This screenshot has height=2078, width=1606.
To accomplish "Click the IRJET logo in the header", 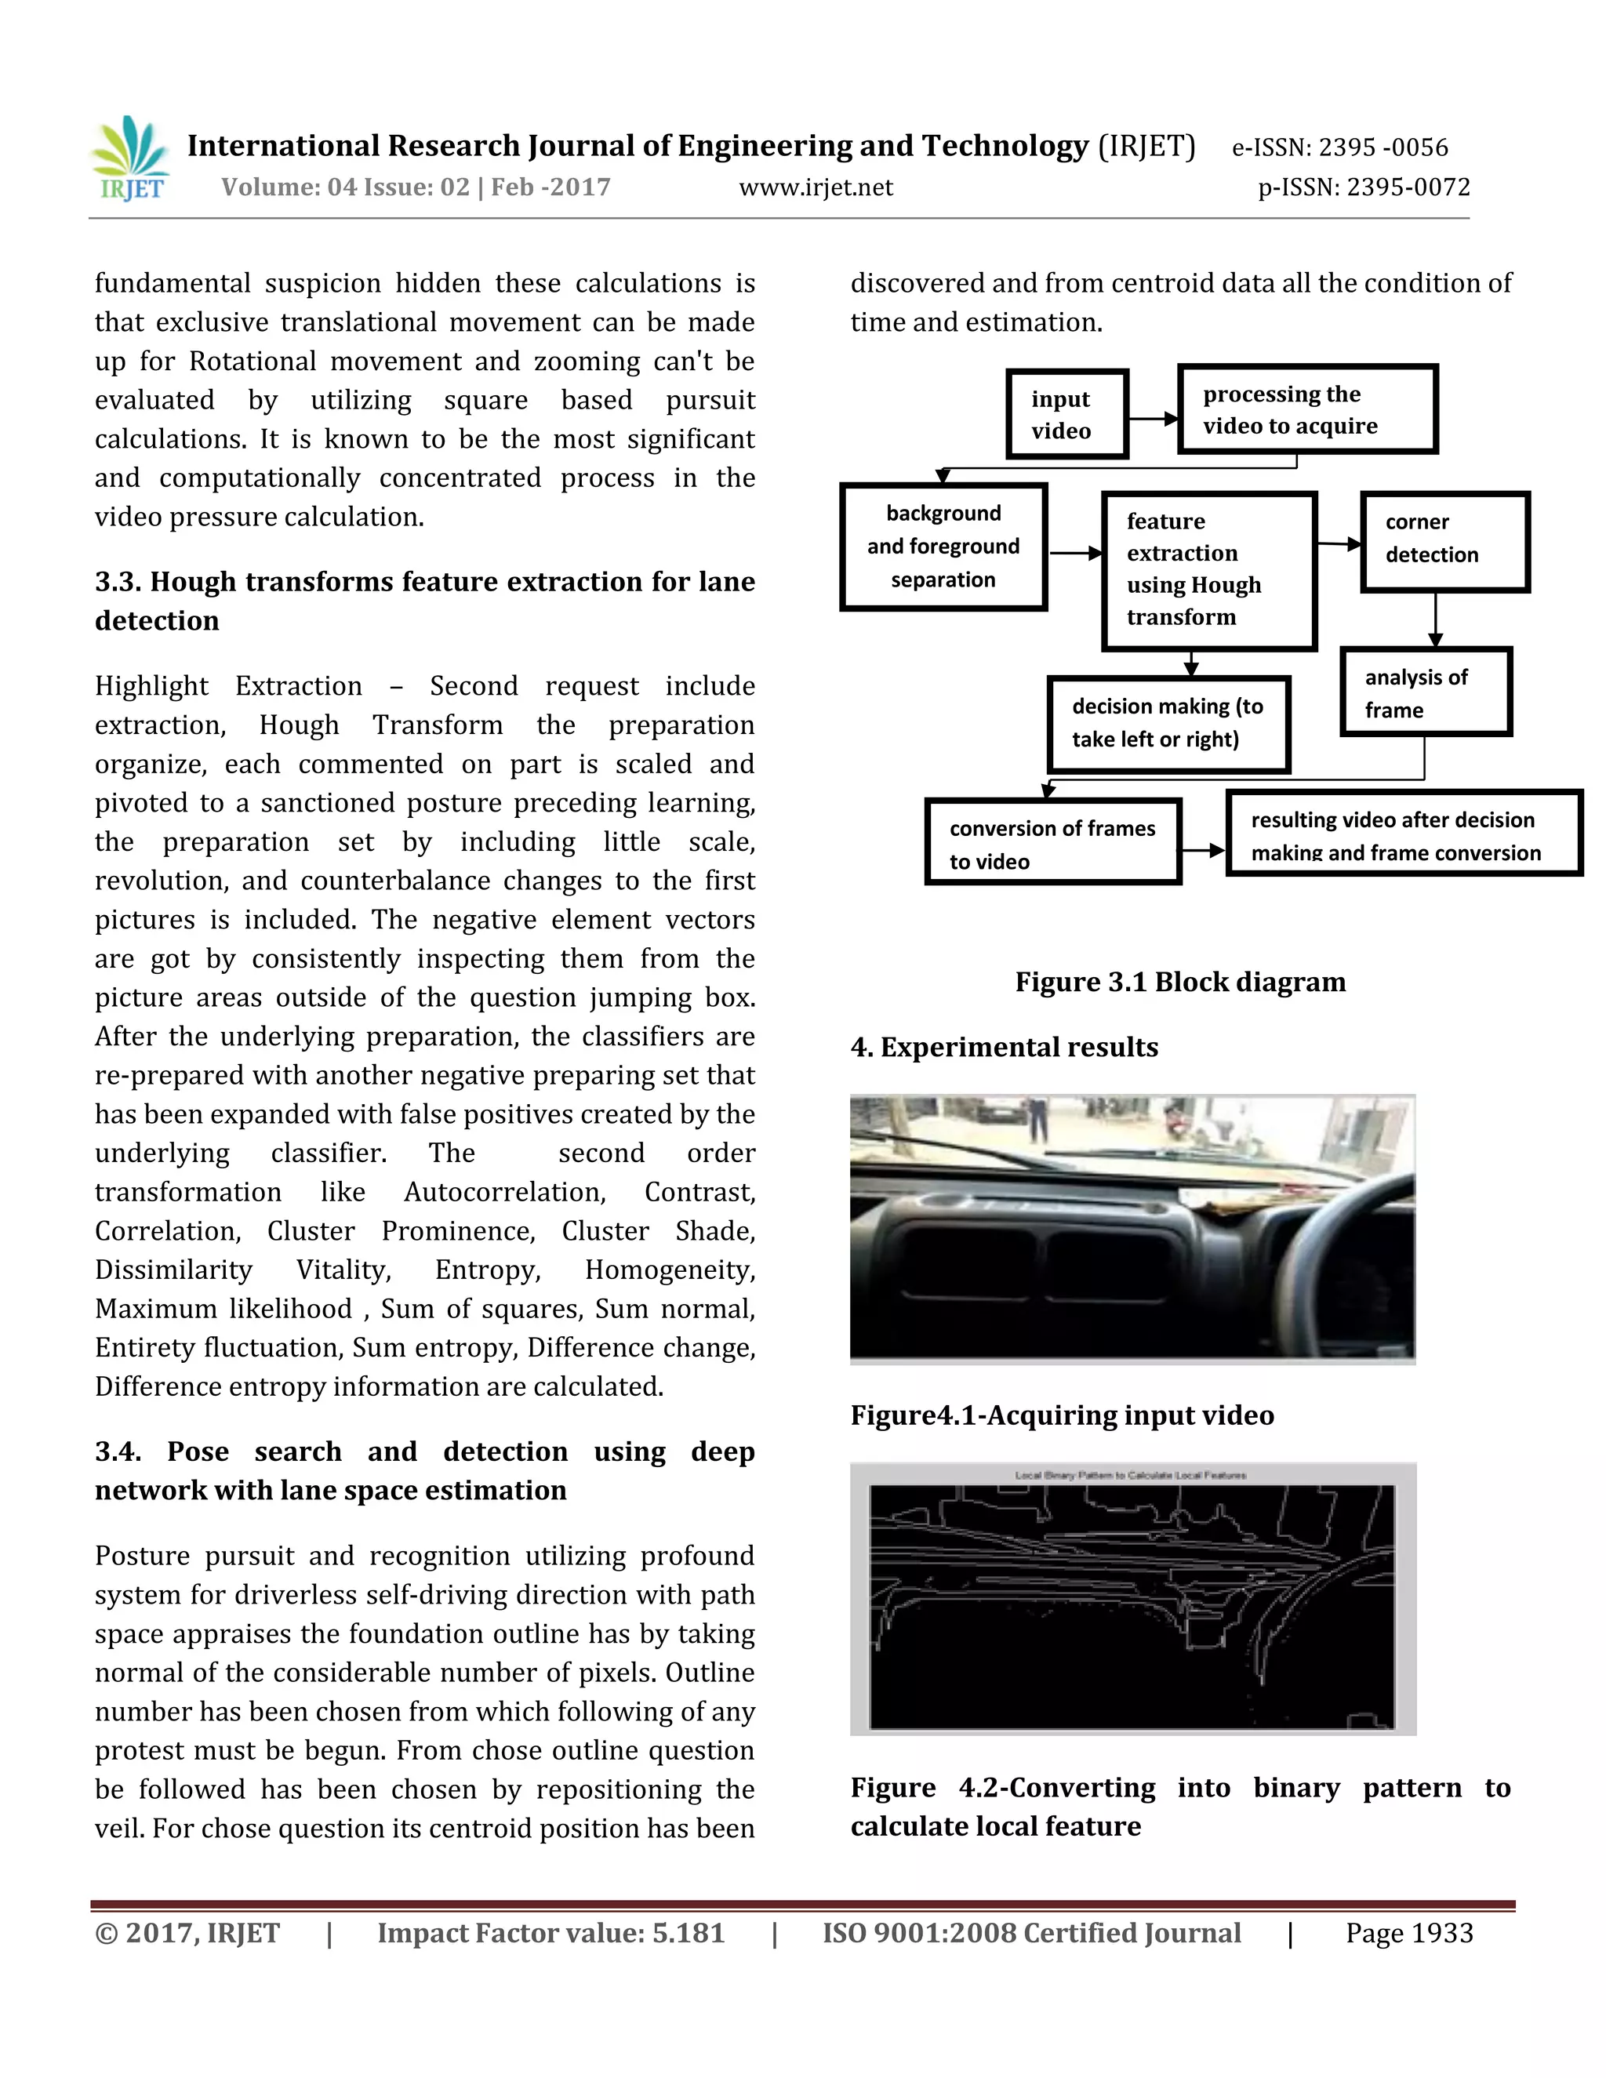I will coord(131,159).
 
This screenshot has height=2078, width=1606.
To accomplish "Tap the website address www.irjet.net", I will coord(816,187).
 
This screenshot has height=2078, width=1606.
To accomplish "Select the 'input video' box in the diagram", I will coord(1066,414).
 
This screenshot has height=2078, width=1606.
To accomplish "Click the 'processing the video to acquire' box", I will coord(1306,409).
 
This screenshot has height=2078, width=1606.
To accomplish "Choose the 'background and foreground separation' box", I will coord(943,546).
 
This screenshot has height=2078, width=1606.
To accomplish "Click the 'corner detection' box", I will coord(1444,541).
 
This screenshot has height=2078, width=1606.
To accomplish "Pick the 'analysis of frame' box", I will coord(1424,692).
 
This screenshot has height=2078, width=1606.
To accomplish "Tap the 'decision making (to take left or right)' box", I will coord(1168,724).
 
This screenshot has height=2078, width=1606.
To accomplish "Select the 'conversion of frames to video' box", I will coord(1052,842).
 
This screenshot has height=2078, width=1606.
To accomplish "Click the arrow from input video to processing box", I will coord(1152,418).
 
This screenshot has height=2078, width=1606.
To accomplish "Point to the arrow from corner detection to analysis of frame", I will coord(1435,619).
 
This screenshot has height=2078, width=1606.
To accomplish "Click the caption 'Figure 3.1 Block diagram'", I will coord(1179,982).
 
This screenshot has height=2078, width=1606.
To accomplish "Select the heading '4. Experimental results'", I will coord(1004,1047).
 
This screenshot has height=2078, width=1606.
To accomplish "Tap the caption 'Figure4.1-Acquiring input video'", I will coord(1062,1415).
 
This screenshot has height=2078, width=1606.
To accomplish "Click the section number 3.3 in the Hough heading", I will coord(118,581).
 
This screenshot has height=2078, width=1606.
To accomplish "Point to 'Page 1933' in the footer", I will coord(1408,1934).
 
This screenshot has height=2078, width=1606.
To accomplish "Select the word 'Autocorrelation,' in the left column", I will coord(505,1192).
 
